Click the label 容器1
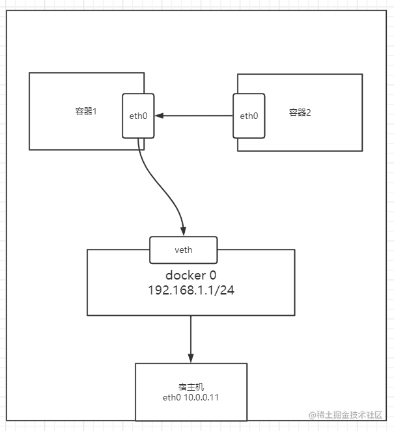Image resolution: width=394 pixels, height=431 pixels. tap(86, 111)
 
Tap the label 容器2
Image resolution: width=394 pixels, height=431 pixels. tap(300, 112)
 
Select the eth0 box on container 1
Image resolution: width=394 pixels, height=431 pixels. tap(138, 116)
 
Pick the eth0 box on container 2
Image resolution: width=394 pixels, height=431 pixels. tap(249, 116)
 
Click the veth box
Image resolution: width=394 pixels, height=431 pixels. tap(184, 250)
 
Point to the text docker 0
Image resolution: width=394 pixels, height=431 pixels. tap(191, 275)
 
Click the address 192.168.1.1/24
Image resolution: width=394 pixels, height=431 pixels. tap(191, 291)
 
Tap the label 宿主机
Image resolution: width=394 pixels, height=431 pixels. tap(191, 387)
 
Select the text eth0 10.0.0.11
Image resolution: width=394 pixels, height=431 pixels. tap(191, 397)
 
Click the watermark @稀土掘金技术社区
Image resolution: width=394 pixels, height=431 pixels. tap(346, 415)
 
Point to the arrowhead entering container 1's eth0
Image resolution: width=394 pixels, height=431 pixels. tap(159, 116)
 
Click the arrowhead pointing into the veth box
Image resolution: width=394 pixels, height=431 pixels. tap(184, 231)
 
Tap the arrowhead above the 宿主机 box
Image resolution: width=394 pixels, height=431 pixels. tap(191, 358)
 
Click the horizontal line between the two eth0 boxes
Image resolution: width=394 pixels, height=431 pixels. tap(194, 116)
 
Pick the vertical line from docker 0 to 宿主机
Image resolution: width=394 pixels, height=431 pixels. tap(191, 339)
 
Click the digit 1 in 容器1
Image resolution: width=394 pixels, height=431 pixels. tap(94, 112)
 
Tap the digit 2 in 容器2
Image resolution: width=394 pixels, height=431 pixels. tap(309, 112)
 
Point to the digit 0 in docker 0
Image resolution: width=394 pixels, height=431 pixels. tap(213, 276)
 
